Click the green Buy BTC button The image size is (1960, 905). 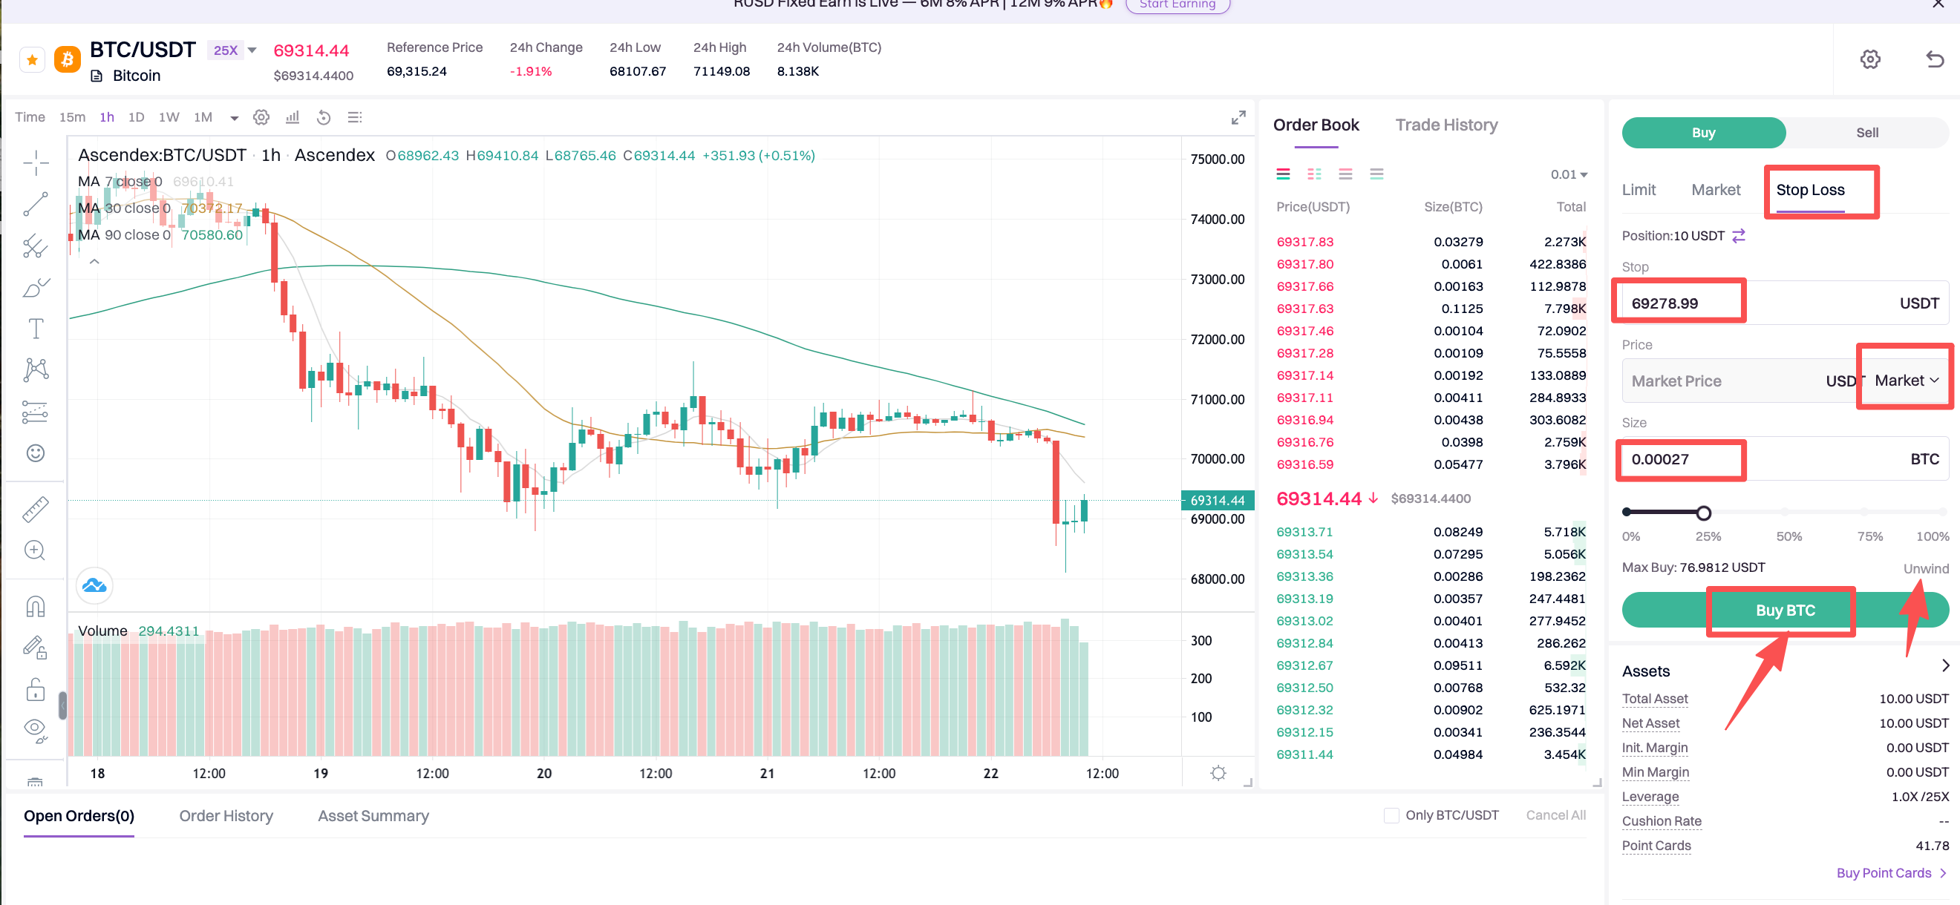pos(1784,610)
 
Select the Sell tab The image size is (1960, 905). pos(1866,132)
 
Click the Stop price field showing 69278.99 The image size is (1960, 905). pos(1679,303)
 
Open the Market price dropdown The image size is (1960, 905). pos(1906,381)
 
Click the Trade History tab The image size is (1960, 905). pos(1445,125)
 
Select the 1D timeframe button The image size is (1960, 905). pos(136,117)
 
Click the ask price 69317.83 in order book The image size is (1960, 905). pos(1304,242)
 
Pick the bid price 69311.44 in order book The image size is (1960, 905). pos(1304,754)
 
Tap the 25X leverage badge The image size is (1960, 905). pos(226,50)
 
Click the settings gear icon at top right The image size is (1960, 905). pos(1869,59)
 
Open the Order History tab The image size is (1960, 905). pos(226,815)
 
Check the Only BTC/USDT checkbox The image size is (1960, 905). pos(1391,815)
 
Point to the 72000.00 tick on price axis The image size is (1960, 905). pos(1217,339)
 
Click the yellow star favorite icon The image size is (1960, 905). pos(32,59)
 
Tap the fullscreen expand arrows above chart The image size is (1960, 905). pos(1238,118)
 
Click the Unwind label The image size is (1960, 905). pos(1925,568)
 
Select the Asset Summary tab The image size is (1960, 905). pos(373,815)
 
